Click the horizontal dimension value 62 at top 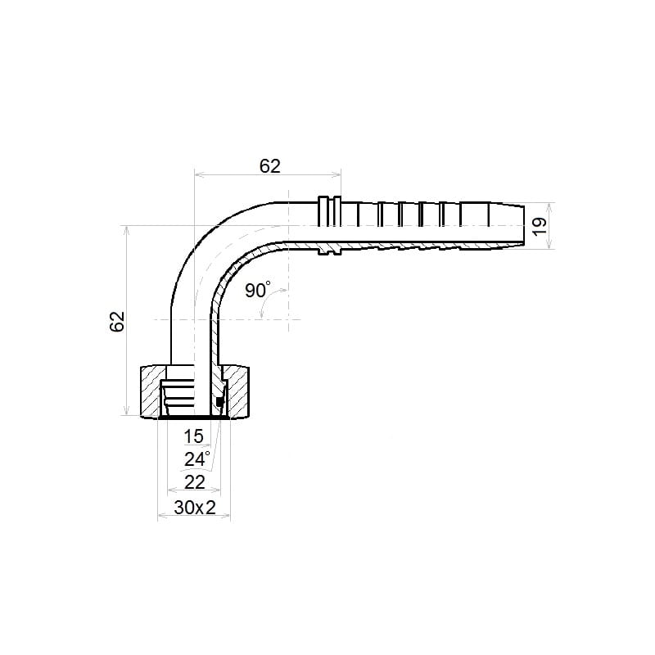point(270,166)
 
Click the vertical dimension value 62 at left point(117,321)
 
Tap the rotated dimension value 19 point(540,226)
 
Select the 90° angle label point(257,290)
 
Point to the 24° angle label point(196,458)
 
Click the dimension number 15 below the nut point(193,436)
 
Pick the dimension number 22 point(195,482)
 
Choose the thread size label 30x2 point(195,508)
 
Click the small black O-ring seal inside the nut point(219,402)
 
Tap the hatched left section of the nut point(151,391)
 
